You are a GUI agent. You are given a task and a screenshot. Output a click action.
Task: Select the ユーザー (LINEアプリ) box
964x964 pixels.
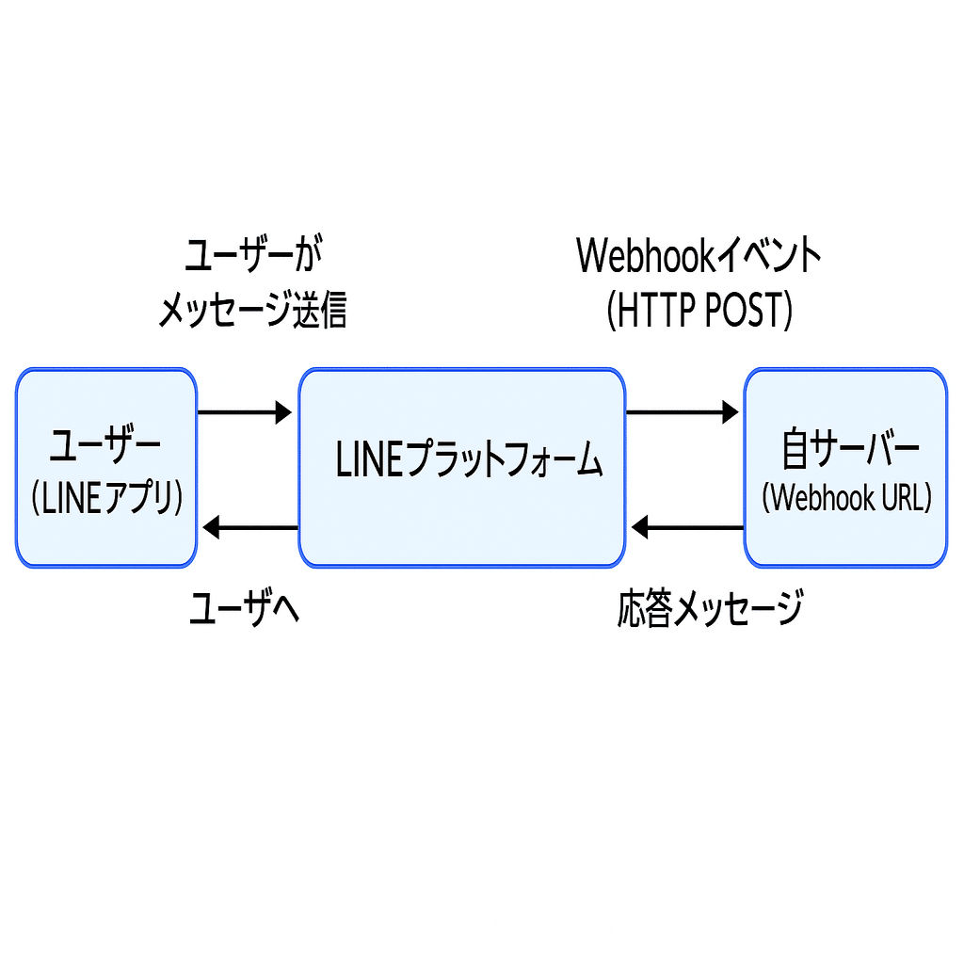tap(106, 468)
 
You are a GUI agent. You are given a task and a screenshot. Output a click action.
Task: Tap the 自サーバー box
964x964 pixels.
tap(845, 468)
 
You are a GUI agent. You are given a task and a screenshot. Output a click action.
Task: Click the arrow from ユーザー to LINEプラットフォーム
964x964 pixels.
tap(245, 411)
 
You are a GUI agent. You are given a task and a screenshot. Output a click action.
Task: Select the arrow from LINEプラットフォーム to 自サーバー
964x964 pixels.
tap(683, 411)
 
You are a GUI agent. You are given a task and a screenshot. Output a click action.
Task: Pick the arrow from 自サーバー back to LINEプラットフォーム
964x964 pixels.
tap(687, 527)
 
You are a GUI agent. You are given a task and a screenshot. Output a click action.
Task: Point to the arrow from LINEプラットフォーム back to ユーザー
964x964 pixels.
tap(250, 527)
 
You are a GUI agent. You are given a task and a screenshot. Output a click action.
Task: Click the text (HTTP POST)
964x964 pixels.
tap(699, 311)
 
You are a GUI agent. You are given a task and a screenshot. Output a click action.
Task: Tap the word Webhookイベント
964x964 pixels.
tap(699, 256)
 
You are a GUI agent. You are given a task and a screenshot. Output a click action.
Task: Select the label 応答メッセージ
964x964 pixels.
tap(711, 608)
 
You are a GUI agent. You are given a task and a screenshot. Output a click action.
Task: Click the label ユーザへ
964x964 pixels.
tap(244, 609)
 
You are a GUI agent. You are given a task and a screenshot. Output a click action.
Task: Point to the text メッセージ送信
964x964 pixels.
tap(252, 311)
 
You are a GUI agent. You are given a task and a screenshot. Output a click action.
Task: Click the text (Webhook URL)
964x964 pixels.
tap(846, 497)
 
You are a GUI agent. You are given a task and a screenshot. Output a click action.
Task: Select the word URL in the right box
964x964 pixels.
tap(901, 497)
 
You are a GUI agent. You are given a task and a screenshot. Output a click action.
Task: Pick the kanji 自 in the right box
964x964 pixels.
tap(795, 450)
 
